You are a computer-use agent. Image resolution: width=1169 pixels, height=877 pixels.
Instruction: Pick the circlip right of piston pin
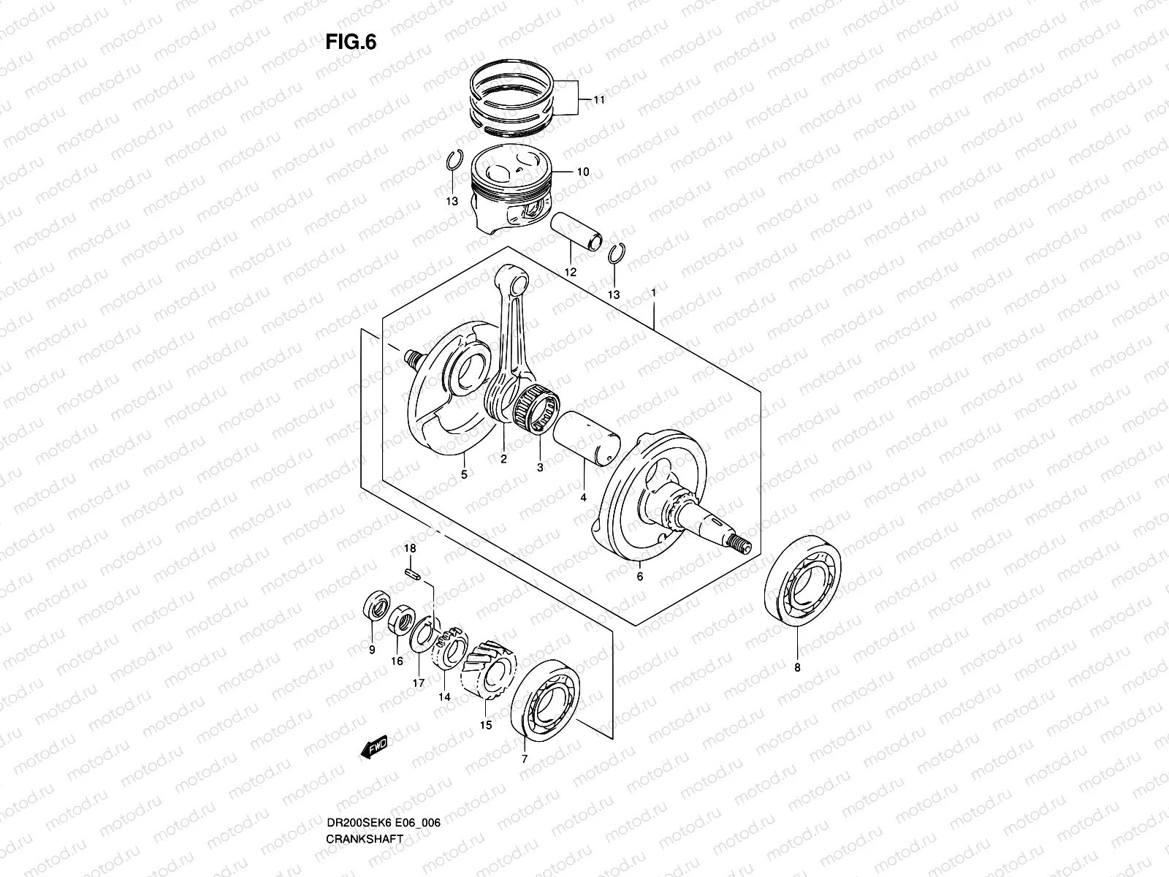pyautogui.click(x=615, y=253)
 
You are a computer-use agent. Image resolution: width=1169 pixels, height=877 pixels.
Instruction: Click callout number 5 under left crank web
pyautogui.click(x=464, y=474)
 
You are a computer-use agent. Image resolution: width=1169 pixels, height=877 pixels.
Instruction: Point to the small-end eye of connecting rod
pyautogui.click(x=518, y=282)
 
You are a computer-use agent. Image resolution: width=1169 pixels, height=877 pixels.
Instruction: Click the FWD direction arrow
pyautogui.click(x=374, y=747)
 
